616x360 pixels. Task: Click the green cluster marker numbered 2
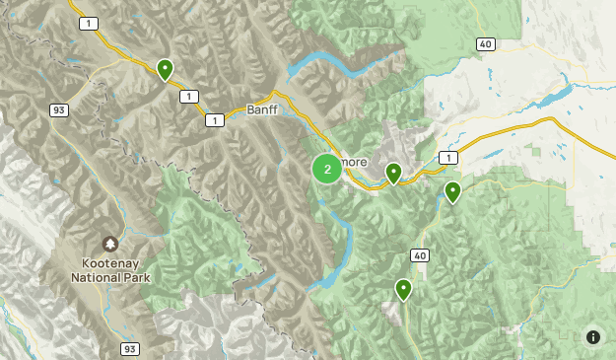point(327,169)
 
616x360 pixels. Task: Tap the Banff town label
point(264,110)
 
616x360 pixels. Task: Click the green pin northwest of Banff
point(166,69)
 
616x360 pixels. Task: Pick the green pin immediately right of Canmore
point(393,174)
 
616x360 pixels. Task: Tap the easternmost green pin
point(452,191)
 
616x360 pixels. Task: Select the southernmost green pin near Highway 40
point(403,289)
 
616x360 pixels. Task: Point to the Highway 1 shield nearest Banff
point(214,119)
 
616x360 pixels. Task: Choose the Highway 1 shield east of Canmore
point(448,158)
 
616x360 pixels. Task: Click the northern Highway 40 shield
point(485,43)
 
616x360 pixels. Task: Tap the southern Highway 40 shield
point(421,255)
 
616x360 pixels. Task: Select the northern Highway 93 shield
point(59,110)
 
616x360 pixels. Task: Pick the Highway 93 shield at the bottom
point(130,349)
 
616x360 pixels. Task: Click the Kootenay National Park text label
point(108,271)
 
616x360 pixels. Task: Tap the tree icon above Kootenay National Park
point(109,244)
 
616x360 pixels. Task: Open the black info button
point(593,337)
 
